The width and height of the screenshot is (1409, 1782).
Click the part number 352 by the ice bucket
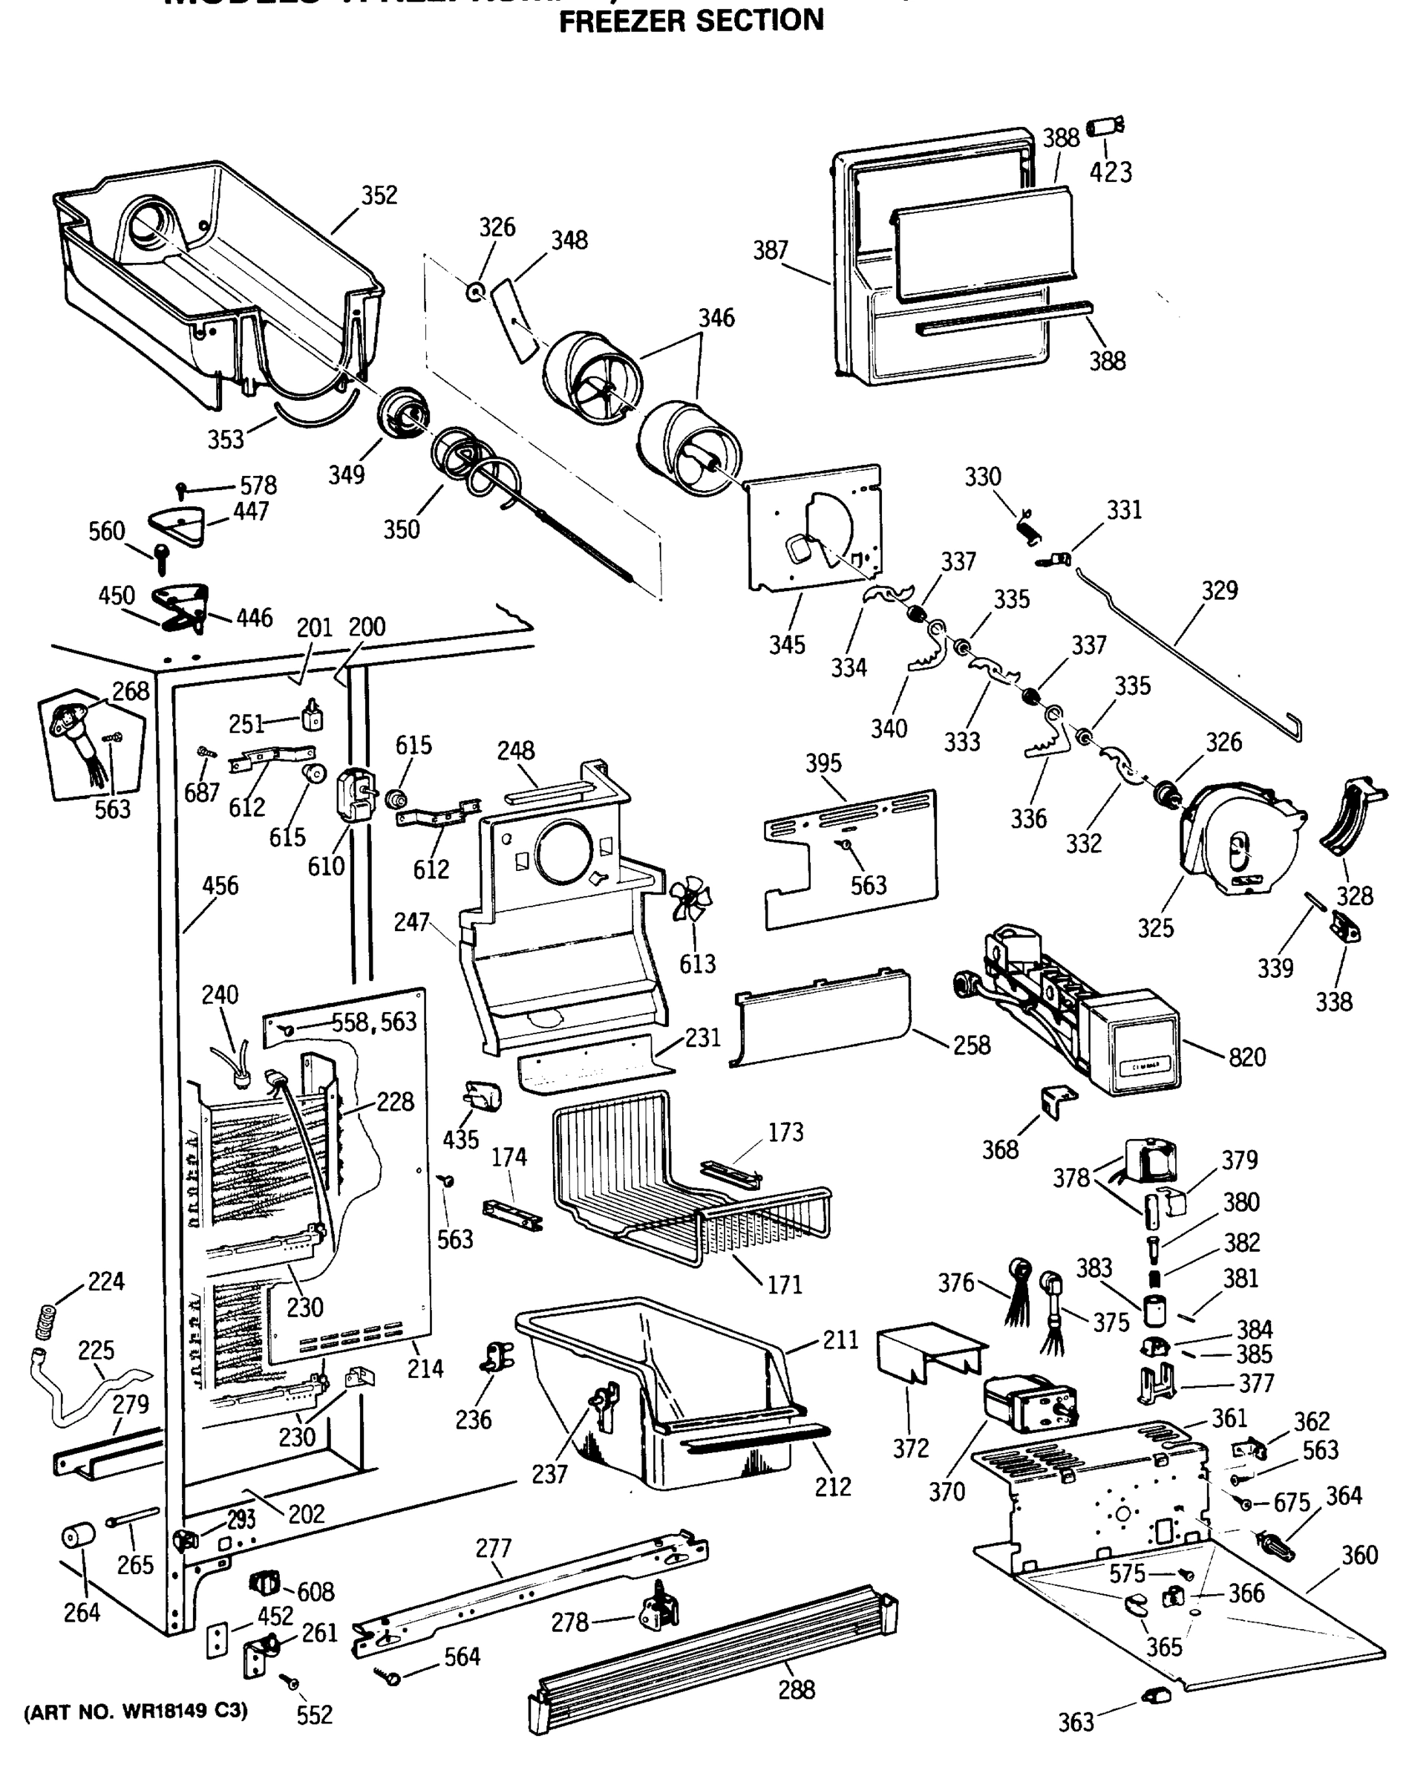(x=379, y=195)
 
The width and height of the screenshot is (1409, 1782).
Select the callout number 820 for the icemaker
(x=1246, y=1057)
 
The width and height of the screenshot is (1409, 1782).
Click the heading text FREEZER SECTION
(x=691, y=20)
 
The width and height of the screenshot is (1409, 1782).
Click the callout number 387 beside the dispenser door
(x=770, y=250)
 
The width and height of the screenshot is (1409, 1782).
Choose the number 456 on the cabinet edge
(x=220, y=885)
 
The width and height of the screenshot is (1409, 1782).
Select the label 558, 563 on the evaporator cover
(x=373, y=1022)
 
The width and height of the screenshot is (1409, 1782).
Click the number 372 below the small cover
(x=911, y=1448)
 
